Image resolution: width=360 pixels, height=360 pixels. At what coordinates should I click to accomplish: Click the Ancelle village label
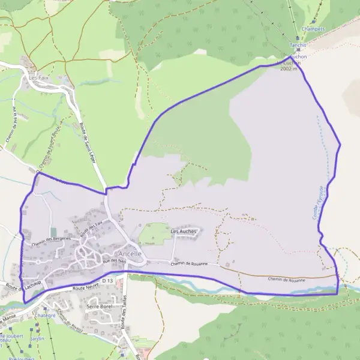130,254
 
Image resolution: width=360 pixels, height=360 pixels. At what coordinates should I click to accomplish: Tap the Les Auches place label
184,231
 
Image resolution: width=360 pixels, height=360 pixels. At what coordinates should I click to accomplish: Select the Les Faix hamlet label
38,78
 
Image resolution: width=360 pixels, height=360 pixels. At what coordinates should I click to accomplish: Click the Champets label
314,28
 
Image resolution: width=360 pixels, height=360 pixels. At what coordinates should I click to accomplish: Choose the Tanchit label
298,45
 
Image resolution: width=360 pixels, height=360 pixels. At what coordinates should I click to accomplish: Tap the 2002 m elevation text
289,69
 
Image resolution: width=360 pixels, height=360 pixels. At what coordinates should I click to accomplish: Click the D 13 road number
107,280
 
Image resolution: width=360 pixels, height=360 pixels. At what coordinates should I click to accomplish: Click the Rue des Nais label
114,260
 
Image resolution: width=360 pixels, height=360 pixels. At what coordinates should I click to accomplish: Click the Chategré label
44,315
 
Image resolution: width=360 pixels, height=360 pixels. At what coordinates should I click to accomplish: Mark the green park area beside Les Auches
154,234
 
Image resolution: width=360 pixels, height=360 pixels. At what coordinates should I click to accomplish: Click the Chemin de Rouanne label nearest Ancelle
188,263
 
